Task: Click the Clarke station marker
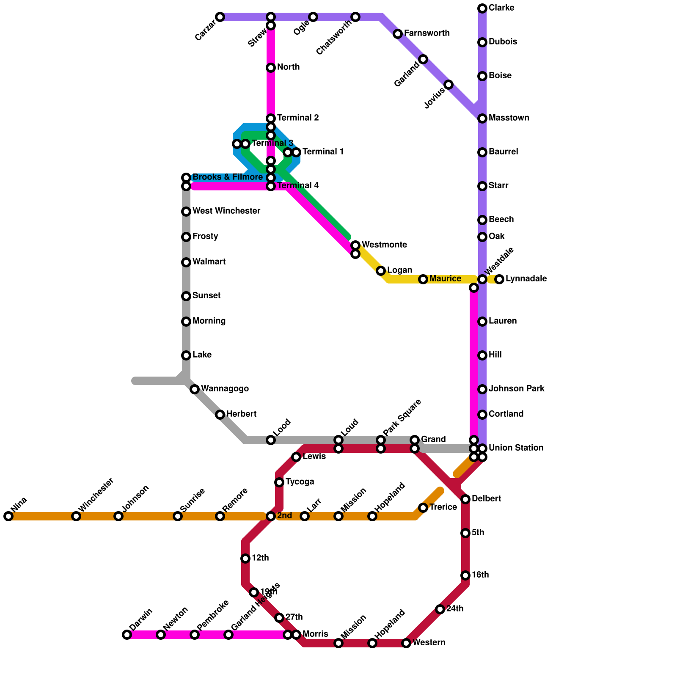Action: (x=482, y=8)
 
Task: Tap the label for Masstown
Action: (x=509, y=118)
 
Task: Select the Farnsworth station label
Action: (x=427, y=33)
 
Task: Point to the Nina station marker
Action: (x=8, y=516)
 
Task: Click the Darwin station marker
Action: (x=127, y=635)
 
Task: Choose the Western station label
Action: (x=429, y=643)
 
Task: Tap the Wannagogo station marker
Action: (x=195, y=389)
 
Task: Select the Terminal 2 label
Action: (x=298, y=118)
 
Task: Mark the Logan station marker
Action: (x=381, y=271)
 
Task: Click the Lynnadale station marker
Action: (x=499, y=279)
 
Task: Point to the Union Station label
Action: (x=516, y=448)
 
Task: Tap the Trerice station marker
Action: (x=423, y=508)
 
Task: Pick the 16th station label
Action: (x=480, y=575)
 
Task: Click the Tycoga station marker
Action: (x=279, y=482)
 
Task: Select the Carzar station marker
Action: (x=220, y=17)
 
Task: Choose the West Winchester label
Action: (x=226, y=211)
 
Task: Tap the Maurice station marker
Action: (x=423, y=279)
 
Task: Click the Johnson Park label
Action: (x=516, y=389)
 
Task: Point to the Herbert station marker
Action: (x=220, y=415)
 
